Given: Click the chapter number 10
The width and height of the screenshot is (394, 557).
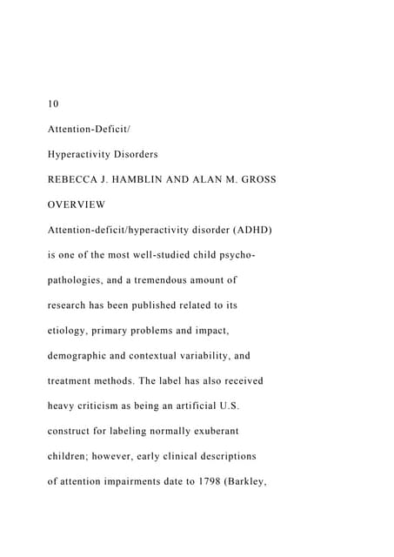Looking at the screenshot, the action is click(53, 104).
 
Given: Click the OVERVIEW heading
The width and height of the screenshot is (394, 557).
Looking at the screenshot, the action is click(77, 205).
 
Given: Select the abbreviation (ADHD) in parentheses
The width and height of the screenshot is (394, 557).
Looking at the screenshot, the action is click(252, 231).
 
